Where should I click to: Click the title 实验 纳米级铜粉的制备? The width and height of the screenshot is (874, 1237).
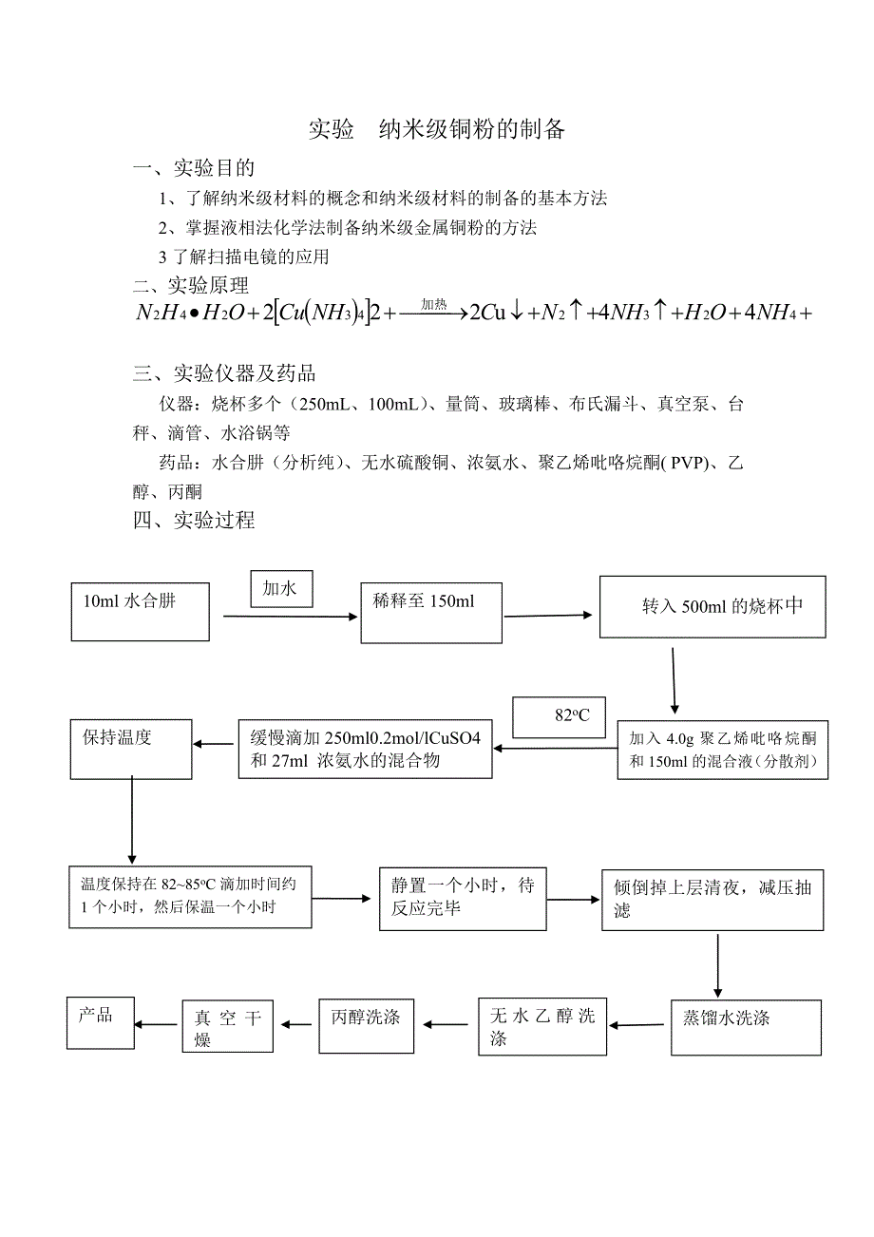click(x=437, y=129)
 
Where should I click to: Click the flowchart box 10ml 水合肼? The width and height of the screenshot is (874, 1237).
click(x=140, y=612)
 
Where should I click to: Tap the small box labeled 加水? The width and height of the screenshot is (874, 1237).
click(x=281, y=590)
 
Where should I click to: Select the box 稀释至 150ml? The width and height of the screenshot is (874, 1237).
click(x=431, y=613)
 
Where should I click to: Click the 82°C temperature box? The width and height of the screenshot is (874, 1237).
click(x=560, y=716)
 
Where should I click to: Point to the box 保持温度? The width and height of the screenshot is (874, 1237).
click(x=131, y=751)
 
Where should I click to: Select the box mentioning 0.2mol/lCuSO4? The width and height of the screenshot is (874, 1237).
click(x=364, y=749)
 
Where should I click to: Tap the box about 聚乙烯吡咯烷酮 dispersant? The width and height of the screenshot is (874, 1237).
click(x=722, y=751)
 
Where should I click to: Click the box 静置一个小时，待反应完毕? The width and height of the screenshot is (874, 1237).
click(x=463, y=898)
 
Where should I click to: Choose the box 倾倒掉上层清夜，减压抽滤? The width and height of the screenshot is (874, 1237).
click(x=712, y=899)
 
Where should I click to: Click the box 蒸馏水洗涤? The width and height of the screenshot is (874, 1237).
click(x=745, y=1027)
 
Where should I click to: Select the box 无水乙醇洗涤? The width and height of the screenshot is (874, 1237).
click(x=541, y=1027)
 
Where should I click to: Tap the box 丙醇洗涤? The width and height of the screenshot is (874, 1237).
click(x=366, y=1026)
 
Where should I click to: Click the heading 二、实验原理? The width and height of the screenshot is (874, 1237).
click(x=191, y=284)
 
